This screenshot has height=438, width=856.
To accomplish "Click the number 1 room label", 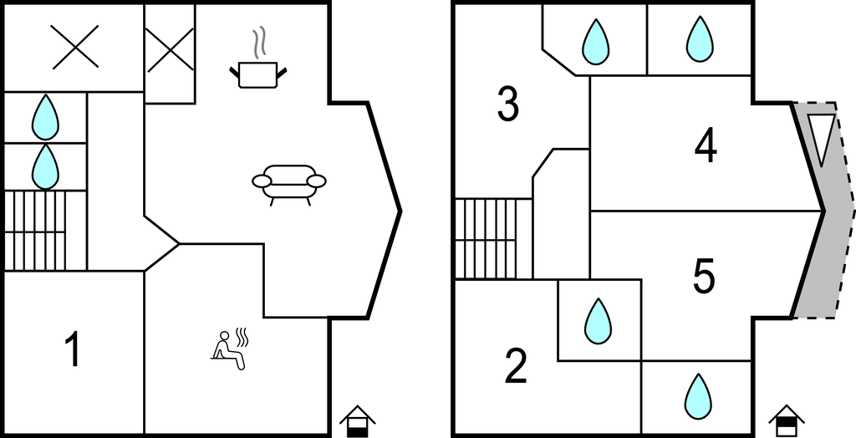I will (x=74, y=349).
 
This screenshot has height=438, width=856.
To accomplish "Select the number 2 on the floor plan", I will (x=516, y=366).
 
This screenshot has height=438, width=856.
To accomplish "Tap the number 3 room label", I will (x=507, y=105).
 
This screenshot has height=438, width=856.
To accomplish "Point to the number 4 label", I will (x=706, y=147).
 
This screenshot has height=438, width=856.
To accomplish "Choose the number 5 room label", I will (x=704, y=276).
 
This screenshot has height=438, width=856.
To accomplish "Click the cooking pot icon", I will (x=259, y=74).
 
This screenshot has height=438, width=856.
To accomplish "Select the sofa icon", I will (x=288, y=182).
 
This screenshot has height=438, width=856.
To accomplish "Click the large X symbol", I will (x=74, y=46).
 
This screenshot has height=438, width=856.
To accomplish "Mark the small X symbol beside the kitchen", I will (x=170, y=48).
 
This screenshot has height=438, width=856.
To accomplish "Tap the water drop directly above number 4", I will (x=700, y=39).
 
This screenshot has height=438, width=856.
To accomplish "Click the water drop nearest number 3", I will (x=595, y=41).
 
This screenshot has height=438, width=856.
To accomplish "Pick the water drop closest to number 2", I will (x=598, y=321).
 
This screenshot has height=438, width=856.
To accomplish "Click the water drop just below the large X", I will (x=46, y=117).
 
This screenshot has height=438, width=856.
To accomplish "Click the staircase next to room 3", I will (x=493, y=238).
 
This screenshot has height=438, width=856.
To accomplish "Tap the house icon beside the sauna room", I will (x=357, y=420).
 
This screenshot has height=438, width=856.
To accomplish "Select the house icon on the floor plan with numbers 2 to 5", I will (x=785, y=420).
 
